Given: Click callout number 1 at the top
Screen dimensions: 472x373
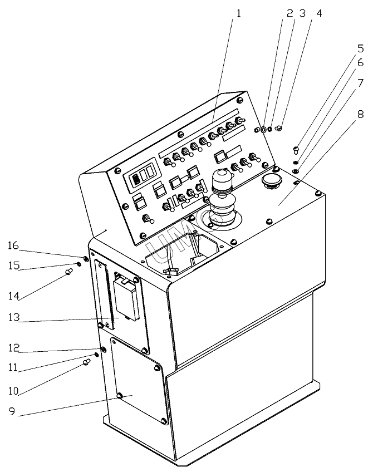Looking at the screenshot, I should (238, 13).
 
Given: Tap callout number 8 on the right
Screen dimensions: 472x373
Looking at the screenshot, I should (361, 115).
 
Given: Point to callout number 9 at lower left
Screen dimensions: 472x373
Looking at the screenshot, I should (12, 413).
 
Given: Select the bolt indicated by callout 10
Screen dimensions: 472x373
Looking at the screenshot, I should (86, 362).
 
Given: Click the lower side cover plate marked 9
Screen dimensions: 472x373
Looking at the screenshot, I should (136, 384).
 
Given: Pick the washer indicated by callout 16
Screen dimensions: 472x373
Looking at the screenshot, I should (86, 258).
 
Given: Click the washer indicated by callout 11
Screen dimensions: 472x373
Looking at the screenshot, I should (97, 353).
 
